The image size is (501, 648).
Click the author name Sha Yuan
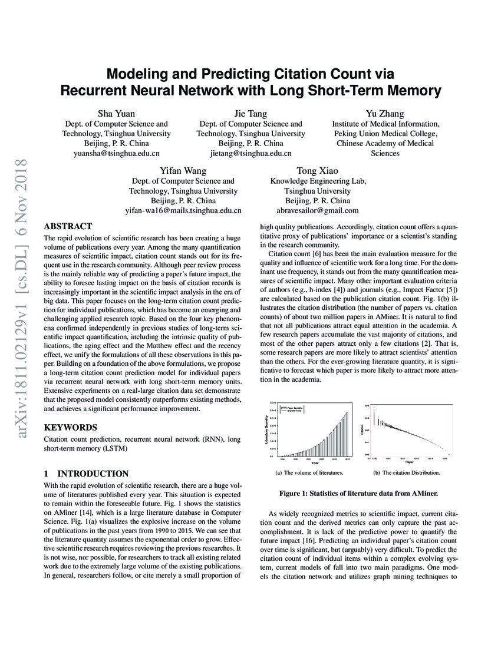coord(116,114)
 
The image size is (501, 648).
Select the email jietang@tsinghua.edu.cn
coord(250,153)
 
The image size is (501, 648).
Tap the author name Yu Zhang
coord(385,114)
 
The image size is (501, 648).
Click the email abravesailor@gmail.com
coord(317,210)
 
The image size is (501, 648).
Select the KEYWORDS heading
coord(71,427)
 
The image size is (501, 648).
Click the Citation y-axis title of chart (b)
coord(362,429)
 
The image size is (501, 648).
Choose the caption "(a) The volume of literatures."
coord(309,472)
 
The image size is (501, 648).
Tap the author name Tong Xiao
coord(317,171)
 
